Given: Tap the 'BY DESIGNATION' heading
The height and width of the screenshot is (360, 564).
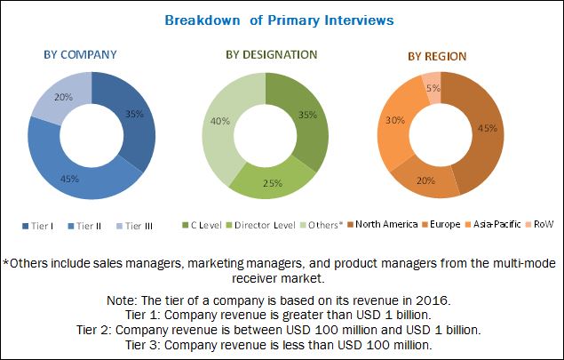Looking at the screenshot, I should [271, 55].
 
